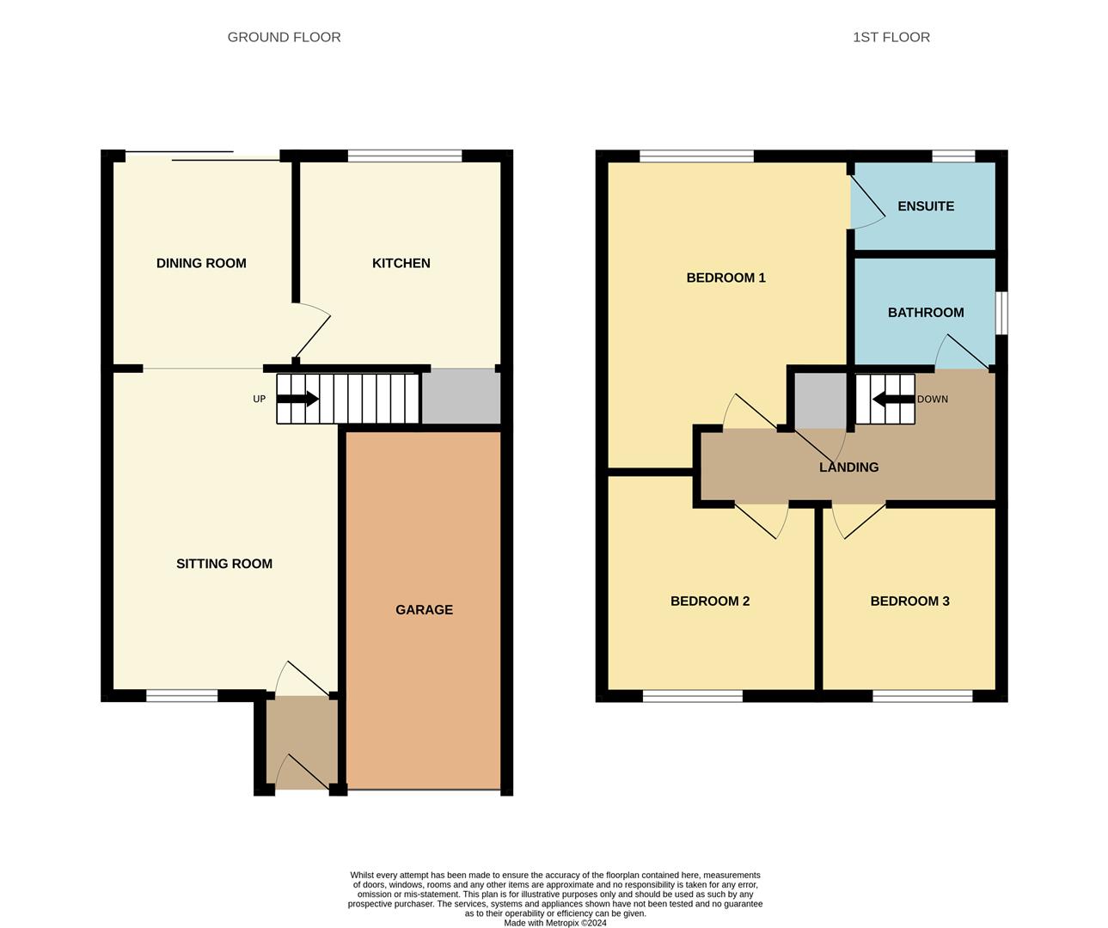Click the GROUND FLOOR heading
[284, 37]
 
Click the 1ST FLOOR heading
[891, 37]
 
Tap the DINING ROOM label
[201, 263]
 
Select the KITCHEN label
[401, 263]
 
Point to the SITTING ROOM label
[224, 564]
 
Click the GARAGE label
[424, 609]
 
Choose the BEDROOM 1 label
[725, 278]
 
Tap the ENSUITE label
[925, 206]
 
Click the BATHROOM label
[925, 313]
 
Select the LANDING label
[848, 467]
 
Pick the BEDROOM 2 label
[709, 601]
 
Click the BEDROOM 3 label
[909, 601]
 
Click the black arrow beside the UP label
[298, 399]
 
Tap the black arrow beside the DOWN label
[893, 399]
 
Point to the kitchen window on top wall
[404, 156]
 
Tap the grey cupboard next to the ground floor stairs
[461, 397]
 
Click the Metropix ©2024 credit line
[555, 923]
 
